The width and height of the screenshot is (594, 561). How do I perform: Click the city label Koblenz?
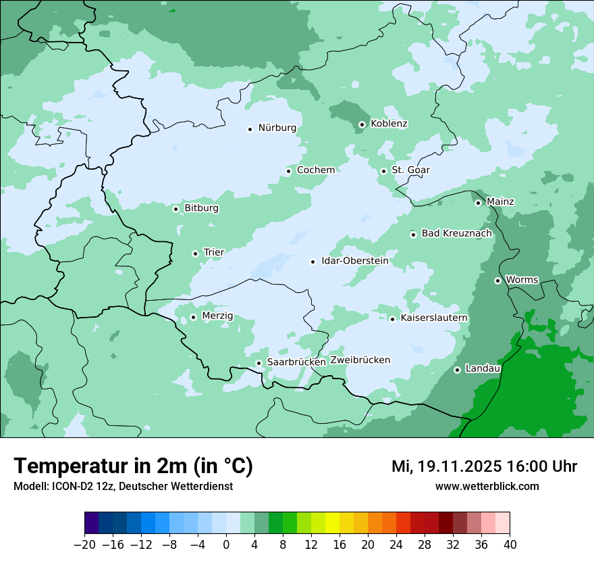pyautogui.click(x=389, y=124)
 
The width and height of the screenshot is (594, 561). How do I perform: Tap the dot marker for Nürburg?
pyautogui.click(x=250, y=128)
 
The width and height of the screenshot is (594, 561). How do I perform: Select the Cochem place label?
pyautogui.click(x=316, y=170)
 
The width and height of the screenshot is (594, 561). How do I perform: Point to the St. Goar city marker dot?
pyautogui.click(x=383, y=171)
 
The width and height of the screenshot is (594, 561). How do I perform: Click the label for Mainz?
pyautogui.click(x=500, y=201)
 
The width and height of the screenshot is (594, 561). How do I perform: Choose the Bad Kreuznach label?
pyautogui.click(x=456, y=233)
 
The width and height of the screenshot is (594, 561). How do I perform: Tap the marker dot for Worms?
pyautogui.click(x=497, y=280)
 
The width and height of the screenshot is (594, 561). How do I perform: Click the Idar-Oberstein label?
pyautogui.click(x=354, y=260)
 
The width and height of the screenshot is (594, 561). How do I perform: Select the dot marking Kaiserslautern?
pyautogui.click(x=392, y=319)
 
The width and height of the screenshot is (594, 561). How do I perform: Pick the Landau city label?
pyautogui.click(x=483, y=368)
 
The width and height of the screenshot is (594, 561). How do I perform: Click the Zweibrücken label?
pyautogui.click(x=360, y=360)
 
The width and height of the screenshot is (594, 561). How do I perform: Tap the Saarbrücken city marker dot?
pyautogui.click(x=259, y=363)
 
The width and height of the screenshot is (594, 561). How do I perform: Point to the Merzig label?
pyautogui.click(x=217, y=316)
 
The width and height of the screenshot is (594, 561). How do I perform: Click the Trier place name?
pyautogui.click(x=214, y=252)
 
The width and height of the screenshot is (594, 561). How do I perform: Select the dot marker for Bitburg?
pyautogui.click(x=175, y=209)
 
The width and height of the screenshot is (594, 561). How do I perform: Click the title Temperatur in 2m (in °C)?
pyautogui.click(x=134, y=466)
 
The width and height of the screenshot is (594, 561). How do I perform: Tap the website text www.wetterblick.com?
pyautogui.click(x=487, y=486)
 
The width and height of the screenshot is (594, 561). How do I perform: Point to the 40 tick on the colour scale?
pyautogui.click(x=509, y=545)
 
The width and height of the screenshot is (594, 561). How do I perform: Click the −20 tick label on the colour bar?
pyautogui.click(x=85, y=545)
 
